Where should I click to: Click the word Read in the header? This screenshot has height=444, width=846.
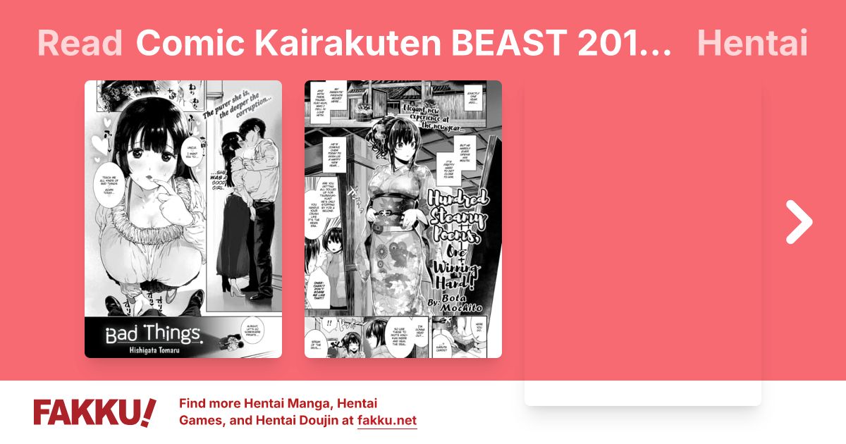pyautogui.click(x=80, y=44)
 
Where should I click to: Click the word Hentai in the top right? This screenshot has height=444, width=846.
pyautogui.click(x=752, y=44)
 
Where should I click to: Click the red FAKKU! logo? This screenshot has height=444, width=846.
pyautogui.click(x=94, y=412)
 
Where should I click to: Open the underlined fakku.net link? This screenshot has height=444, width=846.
pyautogui.click(x=387, y=421)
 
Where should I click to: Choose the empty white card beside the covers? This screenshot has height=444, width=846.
pyautogui.click(x=642, y=243)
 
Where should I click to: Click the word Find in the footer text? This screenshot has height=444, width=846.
pyautogui.click(x=194, y=404)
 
